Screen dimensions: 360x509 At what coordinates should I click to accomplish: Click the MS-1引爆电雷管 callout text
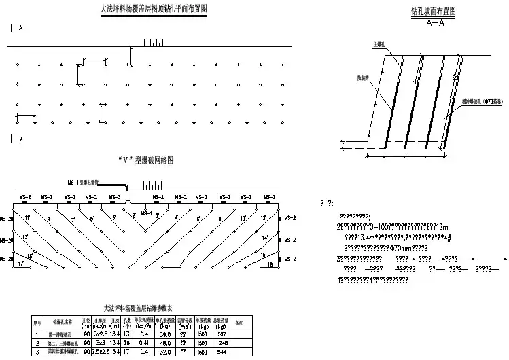point(84,183)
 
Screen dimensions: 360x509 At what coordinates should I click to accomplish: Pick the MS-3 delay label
point(115,197)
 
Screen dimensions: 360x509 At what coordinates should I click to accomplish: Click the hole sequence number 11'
point(27,218)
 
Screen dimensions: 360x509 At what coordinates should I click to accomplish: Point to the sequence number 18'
point(271,264)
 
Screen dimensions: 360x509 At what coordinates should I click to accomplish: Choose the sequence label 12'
point(264,217)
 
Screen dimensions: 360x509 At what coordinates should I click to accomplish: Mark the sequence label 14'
point(265,239)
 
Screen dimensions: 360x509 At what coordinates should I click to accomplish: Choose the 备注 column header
point(239,323)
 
